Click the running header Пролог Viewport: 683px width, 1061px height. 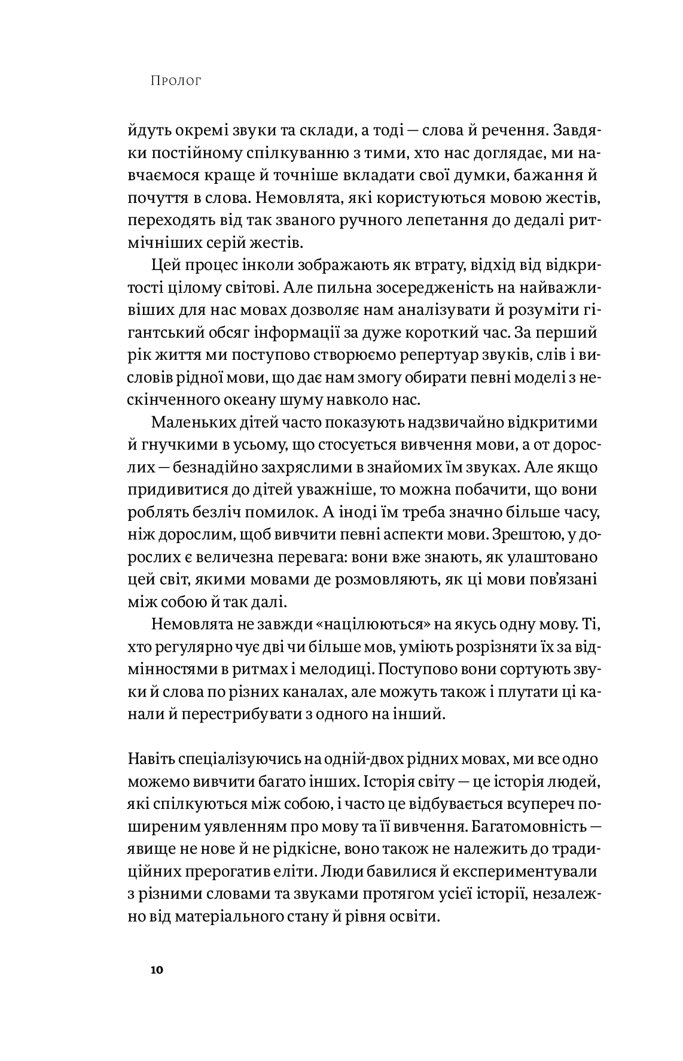[176, 81]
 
